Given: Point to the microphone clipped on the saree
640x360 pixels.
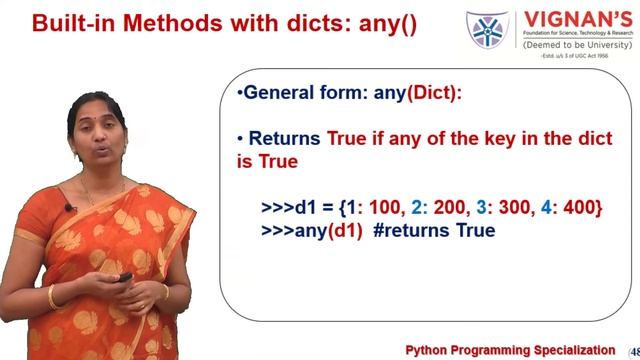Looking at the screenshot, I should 70,208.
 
